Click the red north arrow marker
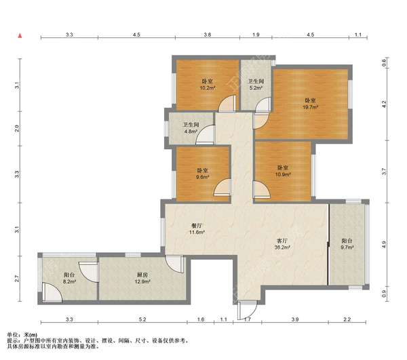pyautogui.click(x=20, y=36)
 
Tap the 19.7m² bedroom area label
pyautogui.click(x=310, y=107)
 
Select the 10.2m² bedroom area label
pyautogui.click(x=208, y=88)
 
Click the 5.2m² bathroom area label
pyautogui.click(x=256, y=88)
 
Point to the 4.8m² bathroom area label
pyautogui.click(x=191, y=132)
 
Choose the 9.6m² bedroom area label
pyautogui.click(x=202, y=177)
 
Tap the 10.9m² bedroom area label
pyautogui.click(x=283, y=174)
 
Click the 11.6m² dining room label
pyautogui.click(x=197, y=232)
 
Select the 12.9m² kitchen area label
pyautogui.click(x=142, y=281)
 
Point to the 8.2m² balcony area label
pyautogui.click(x=69, y=281)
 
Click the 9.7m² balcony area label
pyautogui.click(x=347, y=247)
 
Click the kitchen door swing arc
pyautogui.click(x=172, y=266)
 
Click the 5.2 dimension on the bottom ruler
pyautogui.click(x=142, y=319)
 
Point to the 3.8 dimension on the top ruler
pyautogui.click(x=208, y=35)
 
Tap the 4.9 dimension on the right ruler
pyautogui.click(x=385, y=244)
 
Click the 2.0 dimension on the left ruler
pyautogui.click(x=17, y=128)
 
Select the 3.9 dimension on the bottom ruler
pyautogui.click(x=295, y=319)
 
